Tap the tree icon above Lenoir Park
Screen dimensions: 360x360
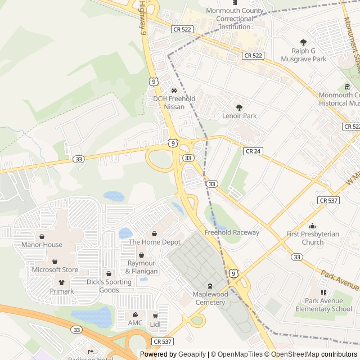239,107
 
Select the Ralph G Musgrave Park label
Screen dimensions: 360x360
304,55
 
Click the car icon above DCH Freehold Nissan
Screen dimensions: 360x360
174,90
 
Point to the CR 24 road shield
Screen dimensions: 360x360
253,151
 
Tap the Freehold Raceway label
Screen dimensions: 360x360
232,232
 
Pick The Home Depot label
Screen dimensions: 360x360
155,242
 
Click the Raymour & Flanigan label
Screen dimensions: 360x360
142,267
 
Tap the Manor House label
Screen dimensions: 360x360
42,245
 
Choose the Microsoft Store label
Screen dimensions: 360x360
55,269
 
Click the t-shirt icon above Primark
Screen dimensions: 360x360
61,283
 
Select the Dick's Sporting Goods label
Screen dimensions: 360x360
109,286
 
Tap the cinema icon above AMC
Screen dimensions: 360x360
135,314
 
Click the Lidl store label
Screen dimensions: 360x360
155,323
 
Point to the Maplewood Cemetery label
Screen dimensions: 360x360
210,298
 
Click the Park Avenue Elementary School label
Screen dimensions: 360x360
323,305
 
